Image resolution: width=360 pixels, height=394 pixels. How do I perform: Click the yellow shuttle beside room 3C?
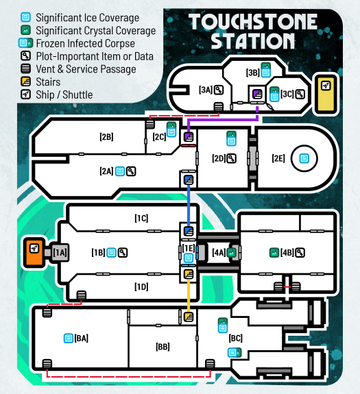(326, 95)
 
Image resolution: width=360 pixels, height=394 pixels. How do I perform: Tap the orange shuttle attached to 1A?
(34, 253)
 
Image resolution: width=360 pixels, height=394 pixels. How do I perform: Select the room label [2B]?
(106, 137)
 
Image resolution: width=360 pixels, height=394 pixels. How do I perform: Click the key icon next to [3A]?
(219, 90)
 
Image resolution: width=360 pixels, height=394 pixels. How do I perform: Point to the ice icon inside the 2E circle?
(304, 158)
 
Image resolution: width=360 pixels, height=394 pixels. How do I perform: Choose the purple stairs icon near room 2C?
(189, 137)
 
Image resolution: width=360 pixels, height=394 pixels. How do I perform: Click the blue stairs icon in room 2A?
(189, 180)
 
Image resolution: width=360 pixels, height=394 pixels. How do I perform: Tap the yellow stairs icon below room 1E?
(189, 274)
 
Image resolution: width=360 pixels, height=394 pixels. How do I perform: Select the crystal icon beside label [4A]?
(231, 253)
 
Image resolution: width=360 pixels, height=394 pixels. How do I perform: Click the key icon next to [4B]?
(300, 253)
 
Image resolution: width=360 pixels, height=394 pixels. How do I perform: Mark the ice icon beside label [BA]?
(68, 338)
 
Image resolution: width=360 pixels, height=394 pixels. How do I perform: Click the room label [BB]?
(163, 347)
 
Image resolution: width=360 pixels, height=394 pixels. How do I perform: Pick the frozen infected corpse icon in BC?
(235, 352)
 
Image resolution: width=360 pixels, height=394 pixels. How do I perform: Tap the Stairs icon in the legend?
(25, 82)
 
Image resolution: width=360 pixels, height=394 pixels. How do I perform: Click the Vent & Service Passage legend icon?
(25, 69)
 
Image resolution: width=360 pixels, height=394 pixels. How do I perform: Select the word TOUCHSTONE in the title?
(253, 22)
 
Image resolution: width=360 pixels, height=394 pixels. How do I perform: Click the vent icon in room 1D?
(81, 295)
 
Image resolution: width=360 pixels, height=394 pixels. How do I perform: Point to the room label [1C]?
(141, 218)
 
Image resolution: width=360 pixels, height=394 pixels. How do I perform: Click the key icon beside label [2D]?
(231, 158)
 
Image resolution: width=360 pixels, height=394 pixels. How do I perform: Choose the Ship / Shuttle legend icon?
(25, 95)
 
